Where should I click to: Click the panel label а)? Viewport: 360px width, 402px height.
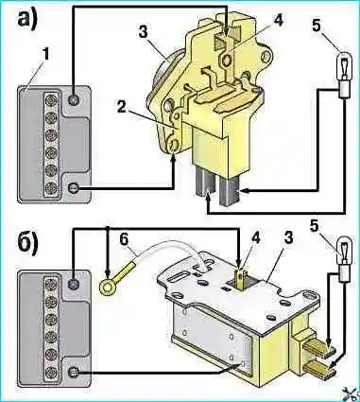pos(27,19)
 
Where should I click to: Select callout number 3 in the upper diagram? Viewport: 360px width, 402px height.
pos(143,32)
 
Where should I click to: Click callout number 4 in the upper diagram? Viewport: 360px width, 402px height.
pos(277,20)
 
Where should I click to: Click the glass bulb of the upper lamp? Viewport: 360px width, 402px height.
pos(345,66)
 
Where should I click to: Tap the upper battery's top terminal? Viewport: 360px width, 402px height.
pos(74,99)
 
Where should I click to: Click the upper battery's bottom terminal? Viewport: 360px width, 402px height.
pos(74,188)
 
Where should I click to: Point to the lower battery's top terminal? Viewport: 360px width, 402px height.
pos(74,284)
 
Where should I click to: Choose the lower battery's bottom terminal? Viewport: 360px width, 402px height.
pos(74,373)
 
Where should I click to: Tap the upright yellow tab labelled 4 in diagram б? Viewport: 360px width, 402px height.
pos(240,278)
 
